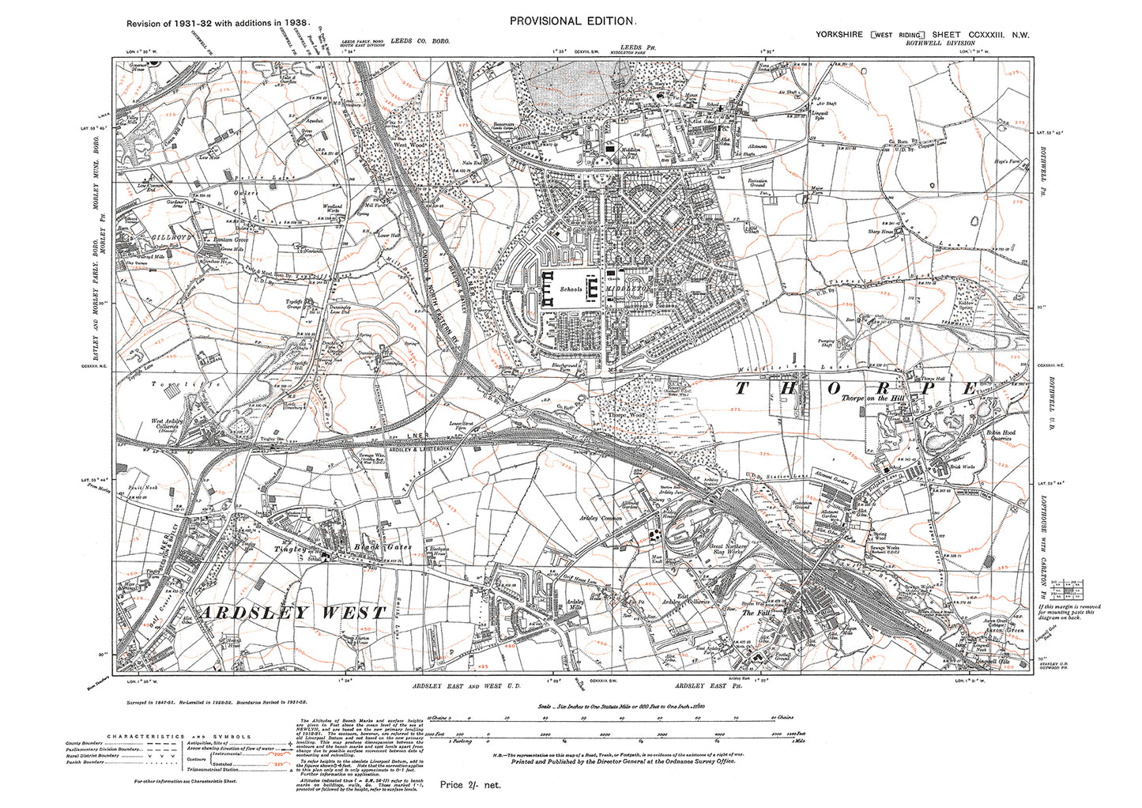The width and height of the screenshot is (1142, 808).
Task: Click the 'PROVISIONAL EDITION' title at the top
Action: coord(571,21)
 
